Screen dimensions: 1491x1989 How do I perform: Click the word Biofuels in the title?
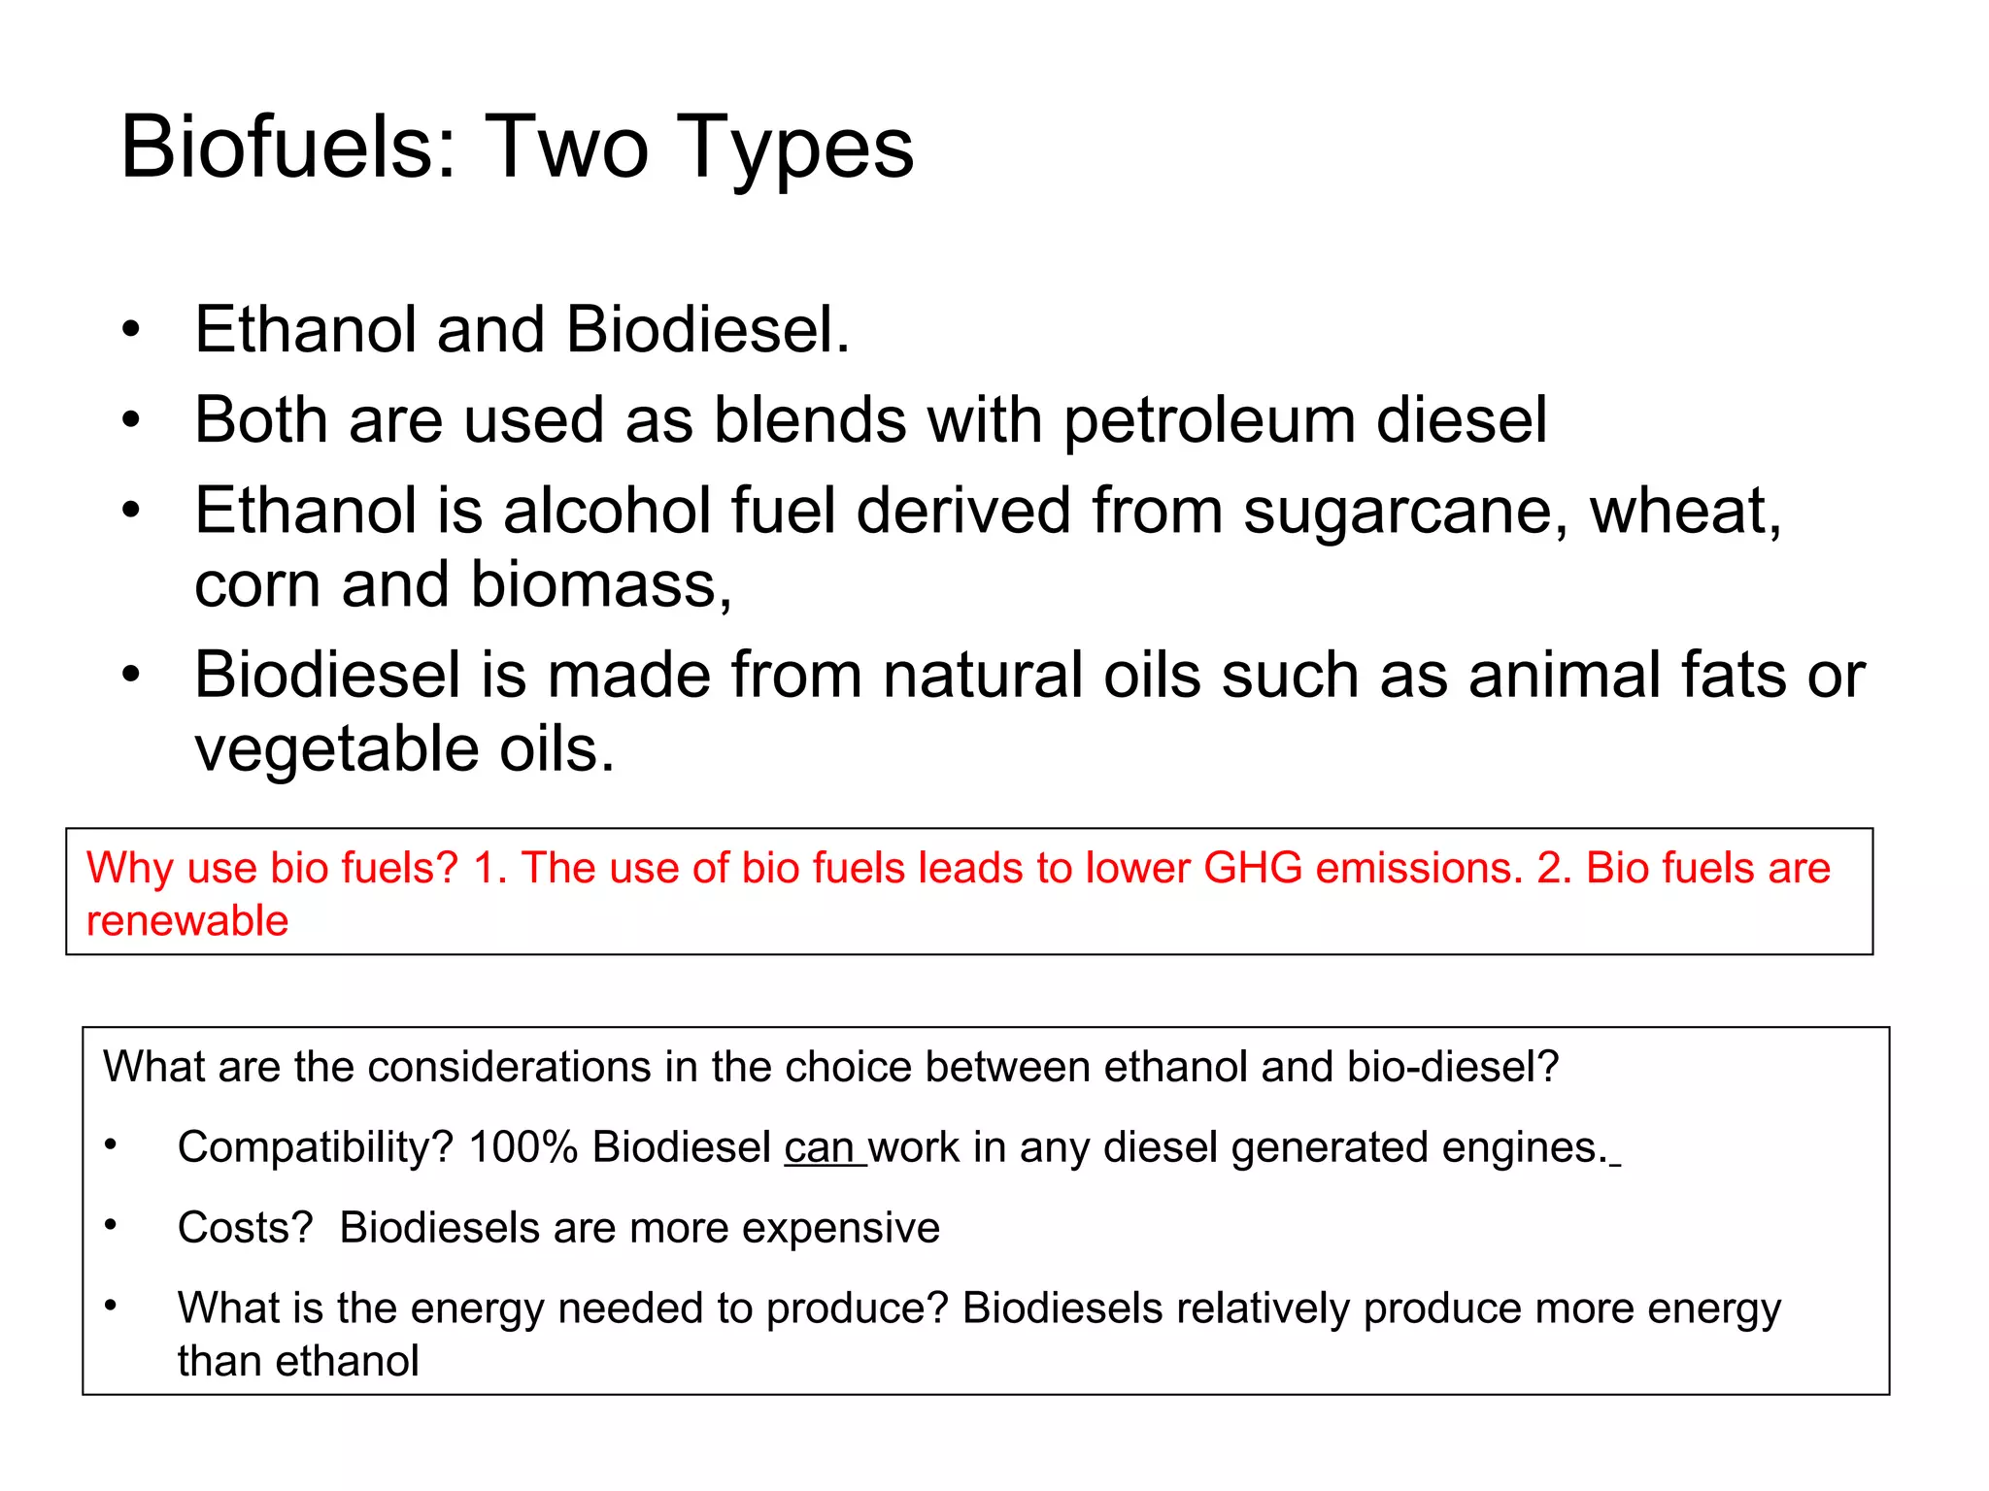(x=276, y=148)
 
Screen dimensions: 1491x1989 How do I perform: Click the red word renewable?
(x=187, y=920)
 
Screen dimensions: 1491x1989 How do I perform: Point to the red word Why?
(x=130, y=868)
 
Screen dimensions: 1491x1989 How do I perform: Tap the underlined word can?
(x=821, y=1147)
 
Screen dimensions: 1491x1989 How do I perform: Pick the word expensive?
(x=841, y=1228)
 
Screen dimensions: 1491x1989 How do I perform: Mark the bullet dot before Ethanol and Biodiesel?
(x=131, y=331)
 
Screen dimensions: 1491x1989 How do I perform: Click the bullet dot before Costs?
(x=112, y=1226)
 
